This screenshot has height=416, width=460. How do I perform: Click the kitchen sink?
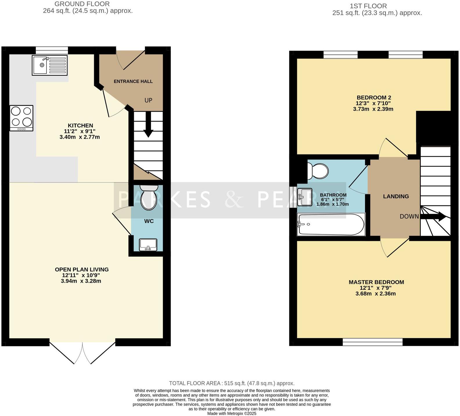[50, 65]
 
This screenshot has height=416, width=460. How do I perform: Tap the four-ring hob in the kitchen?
[21, 118]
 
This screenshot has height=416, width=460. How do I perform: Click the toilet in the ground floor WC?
[148, 197]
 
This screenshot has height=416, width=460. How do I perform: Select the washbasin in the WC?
[148, 245]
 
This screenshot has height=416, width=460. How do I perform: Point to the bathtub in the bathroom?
[331, 224]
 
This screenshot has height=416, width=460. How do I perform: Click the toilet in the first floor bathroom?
[318, 170]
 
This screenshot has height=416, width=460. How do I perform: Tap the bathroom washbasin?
[304, 197]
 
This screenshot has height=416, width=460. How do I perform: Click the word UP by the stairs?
[148, 100]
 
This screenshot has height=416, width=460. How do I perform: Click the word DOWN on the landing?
[409, 216]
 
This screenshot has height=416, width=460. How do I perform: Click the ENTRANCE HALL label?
[133, 81]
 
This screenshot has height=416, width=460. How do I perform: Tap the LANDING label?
[396, 196]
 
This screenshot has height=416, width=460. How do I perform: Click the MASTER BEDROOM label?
[376, 282]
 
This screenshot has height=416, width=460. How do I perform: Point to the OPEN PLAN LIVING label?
[82, 270]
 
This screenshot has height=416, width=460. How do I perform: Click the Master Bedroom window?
[373, 342]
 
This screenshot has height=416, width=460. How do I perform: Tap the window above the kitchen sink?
[52, 50]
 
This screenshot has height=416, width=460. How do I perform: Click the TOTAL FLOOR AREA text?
[232, 383]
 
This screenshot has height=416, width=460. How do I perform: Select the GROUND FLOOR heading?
[82, 4]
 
